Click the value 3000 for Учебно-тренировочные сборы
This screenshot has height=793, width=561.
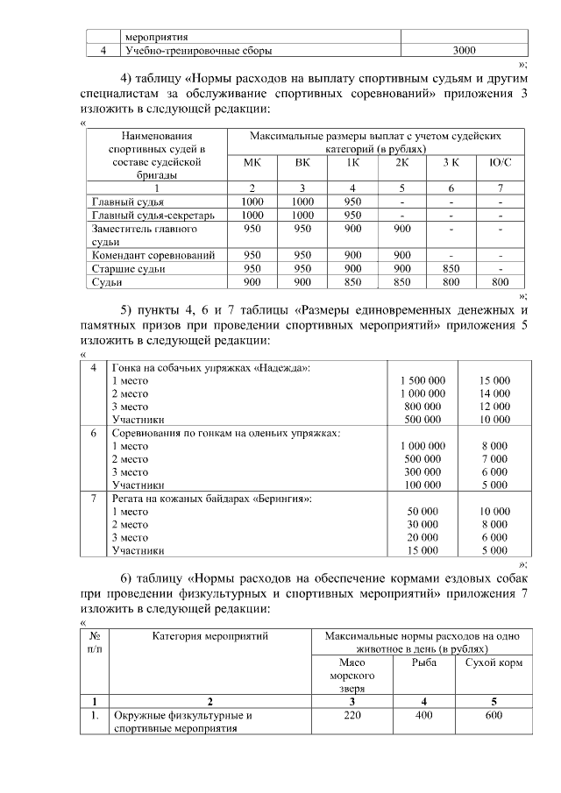tap(464, 51)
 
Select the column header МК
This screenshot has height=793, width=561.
tap(252, 162)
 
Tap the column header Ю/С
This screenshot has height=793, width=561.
tap(500, 162)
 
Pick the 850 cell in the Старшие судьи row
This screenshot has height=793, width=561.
tap(451, 269)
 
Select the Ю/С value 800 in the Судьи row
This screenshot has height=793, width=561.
tap(500, 282)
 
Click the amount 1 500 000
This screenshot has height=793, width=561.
tap(423, 380)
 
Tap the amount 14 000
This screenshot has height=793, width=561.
tap(494, 393)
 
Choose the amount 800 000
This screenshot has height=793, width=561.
tap(423, 407)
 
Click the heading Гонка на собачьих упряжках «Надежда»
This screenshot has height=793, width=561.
tap(211, 367)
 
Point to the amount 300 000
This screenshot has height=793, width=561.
tap(423, 471)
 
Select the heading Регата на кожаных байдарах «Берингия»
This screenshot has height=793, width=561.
tap(213, 498)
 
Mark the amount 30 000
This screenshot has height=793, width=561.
tap(423, 524)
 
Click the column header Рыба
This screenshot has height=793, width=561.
tap(423, 663)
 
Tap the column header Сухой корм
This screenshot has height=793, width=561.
tap(494, 663)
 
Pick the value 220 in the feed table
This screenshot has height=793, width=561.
tap(351, 716)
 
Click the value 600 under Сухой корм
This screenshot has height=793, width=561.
tap(494, 716)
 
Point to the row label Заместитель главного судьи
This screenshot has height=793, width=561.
tap(144, 235)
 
